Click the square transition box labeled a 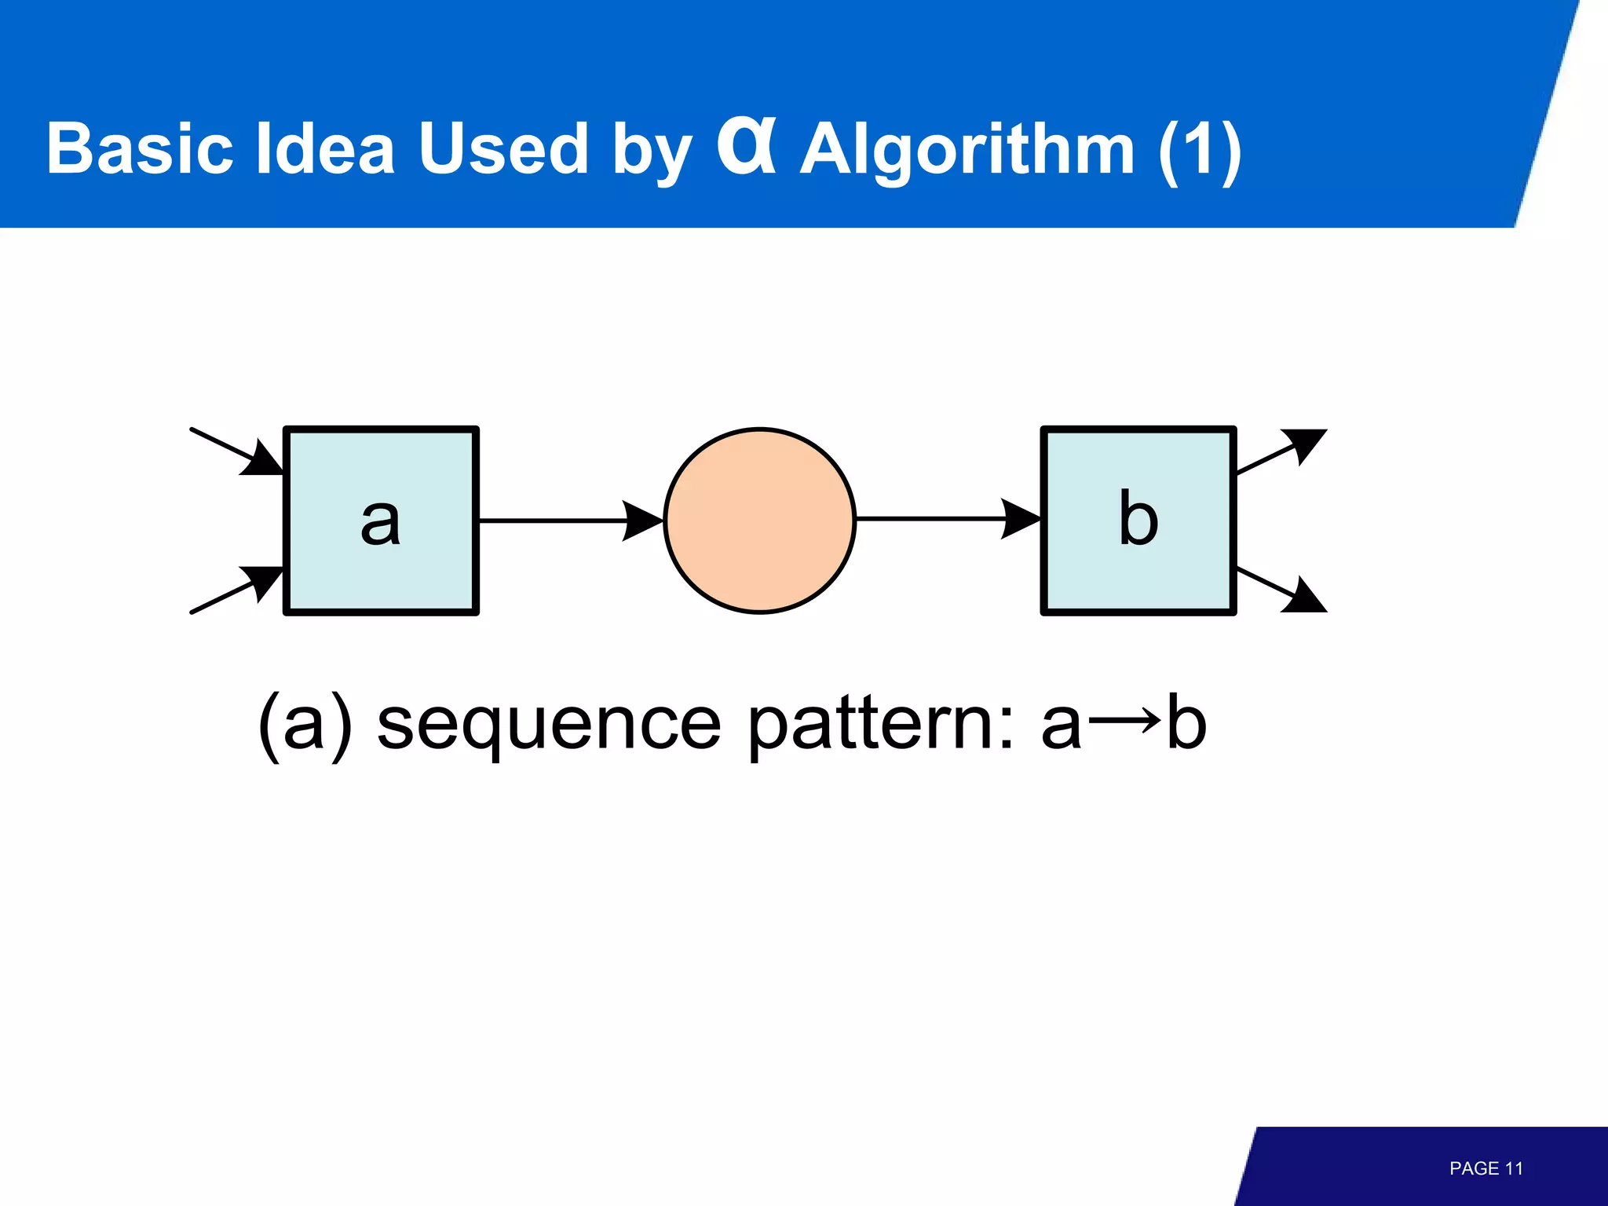coord(381,521)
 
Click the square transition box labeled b coord(1138,521)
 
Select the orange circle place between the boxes coord(759,521)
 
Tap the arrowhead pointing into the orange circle coord(644,521)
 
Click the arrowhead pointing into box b coord(1021,520)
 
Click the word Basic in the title coord(140,149)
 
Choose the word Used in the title coord(503,149)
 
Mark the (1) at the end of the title coord(1200,151)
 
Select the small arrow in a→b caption coord(1124,720)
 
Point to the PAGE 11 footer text coord(1486,1168)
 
